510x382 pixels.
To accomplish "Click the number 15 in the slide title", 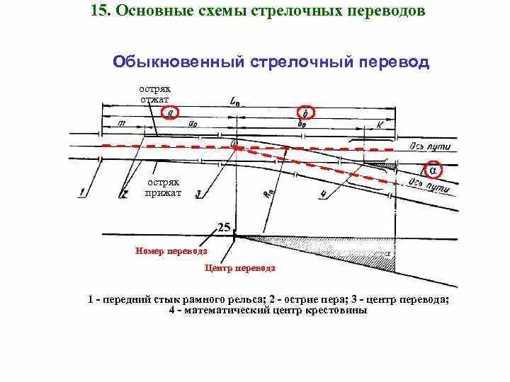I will click(x=99, y=12).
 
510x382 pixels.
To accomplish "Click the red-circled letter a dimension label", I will click(x=170, y=112).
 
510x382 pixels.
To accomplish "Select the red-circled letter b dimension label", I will click(x=305, y=112).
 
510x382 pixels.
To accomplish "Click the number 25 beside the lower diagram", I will click(x=224, y=227).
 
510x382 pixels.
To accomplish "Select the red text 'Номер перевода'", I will click(x=171, y=251).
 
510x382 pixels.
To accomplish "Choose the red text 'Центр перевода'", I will click(x=239, y=268).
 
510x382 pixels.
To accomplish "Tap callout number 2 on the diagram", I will click(x=123, y=192).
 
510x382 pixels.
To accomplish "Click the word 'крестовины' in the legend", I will click(x=336, y=310).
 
